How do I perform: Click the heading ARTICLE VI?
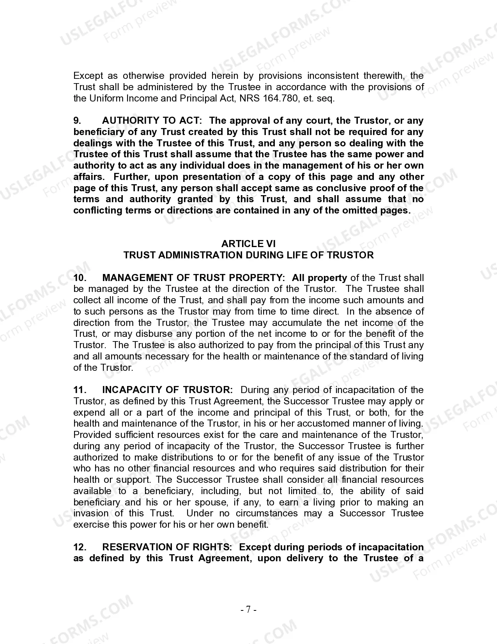248,244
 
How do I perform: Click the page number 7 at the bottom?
248,609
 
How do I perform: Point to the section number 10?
80,278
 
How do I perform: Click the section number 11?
80,390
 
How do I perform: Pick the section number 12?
80,547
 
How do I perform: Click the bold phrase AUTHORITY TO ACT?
152,121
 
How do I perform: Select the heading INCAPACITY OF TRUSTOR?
167,390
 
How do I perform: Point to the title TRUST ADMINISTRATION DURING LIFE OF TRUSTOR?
248,255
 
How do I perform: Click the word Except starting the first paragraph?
88,76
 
